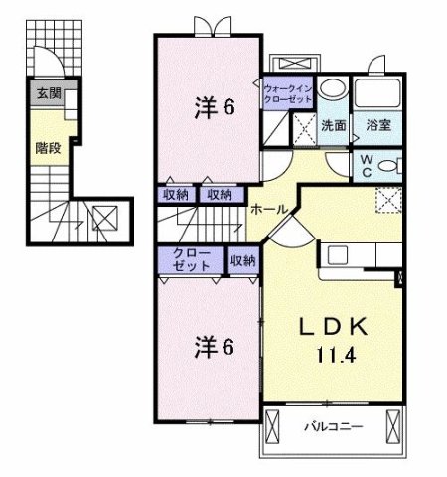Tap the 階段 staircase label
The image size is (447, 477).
tap(47, 148)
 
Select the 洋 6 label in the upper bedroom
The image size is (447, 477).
tap(213, 106)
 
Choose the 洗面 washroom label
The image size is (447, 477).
tap(333, 126)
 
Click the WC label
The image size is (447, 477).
tap(366, 164)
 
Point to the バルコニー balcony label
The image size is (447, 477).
tap(332, 426)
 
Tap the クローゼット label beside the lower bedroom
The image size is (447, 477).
tap(191, 260)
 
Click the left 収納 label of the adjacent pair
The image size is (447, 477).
tap(176, 195)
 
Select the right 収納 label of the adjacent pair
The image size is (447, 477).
tap(221, 195)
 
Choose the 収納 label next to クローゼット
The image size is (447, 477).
tap(242, 261)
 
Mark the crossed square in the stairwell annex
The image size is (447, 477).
tap(104, 216)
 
